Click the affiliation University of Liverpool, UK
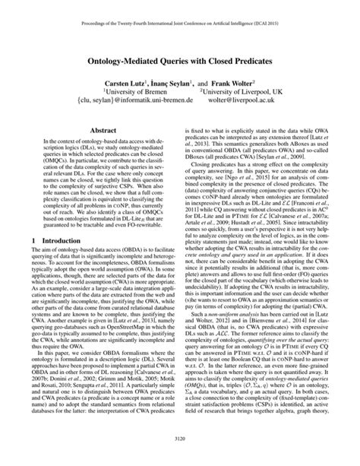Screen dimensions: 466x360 tap(249, 87)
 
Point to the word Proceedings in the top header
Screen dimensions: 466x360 tap(73, 11)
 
